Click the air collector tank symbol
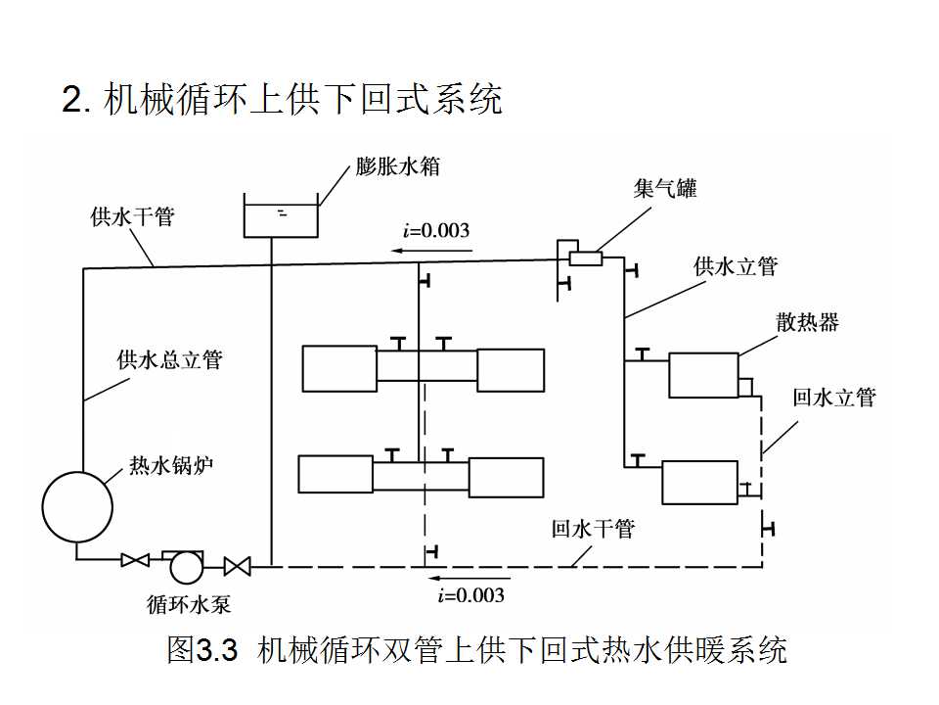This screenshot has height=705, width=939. (585, 258)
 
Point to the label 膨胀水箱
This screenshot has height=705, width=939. (397, 165)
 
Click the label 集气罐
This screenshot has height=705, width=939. (665, 189)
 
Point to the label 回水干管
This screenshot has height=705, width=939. (593, 529)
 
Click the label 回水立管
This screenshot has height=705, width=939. (834, 397)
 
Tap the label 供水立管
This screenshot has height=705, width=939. (736, 266)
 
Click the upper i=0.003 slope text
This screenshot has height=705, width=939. (436, 231)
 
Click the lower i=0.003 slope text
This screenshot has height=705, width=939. (471, 594)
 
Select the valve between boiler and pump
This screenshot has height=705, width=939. (134, 561)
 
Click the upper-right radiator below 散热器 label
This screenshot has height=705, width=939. (703, 375)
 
